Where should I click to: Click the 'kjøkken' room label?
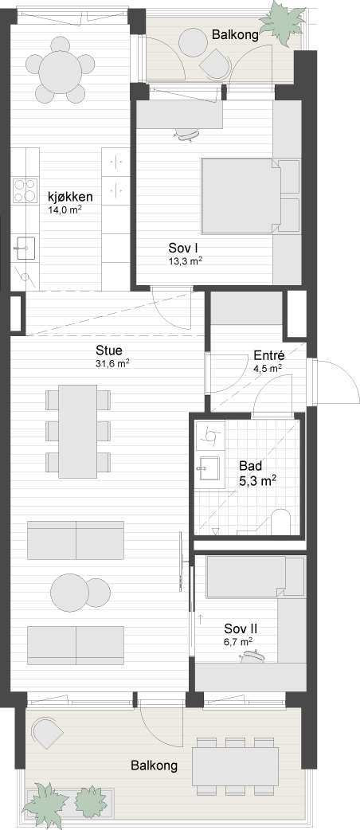pyautogui.click(x=70, y=198)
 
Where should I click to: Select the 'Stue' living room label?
pyautogui.click(x=109, y=350)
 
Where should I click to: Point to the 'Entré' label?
pyautogui.click(x=269, y=356)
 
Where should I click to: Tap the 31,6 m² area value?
pyautogui.click(x=112, y=363)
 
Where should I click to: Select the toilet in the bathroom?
pyautogui.click(x=280, y=522)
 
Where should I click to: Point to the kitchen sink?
pyautogui.click(x=25, y=248)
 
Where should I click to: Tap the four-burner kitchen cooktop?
pyautogui.click(x=25, y=191)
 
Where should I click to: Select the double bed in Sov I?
pyautogui.click(x=250, y=196)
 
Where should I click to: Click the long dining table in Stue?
pyautogui.click(x=77, y=431)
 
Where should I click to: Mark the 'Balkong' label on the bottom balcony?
pyautogui.click(x=154, y=765)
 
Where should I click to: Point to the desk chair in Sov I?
pyautogui.click(x=187, y=135)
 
